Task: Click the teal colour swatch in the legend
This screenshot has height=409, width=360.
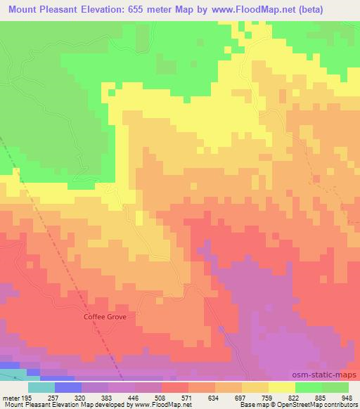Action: (41, 387)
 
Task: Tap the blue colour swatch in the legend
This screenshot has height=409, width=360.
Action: (68, 387)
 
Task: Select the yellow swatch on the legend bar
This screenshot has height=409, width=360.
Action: (282, 387)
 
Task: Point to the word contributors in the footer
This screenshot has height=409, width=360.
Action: (340, 404)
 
